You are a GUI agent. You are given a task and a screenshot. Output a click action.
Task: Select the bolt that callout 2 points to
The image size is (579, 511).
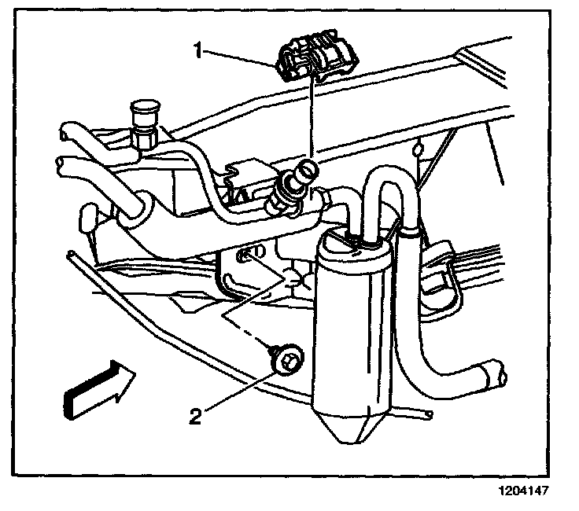click(286, 362)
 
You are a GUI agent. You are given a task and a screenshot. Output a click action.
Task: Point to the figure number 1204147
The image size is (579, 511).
click(520, 490)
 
